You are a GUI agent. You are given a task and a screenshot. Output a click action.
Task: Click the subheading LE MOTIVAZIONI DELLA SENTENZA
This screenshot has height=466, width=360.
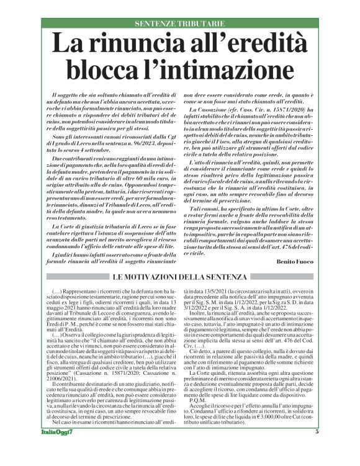(179, 276)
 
